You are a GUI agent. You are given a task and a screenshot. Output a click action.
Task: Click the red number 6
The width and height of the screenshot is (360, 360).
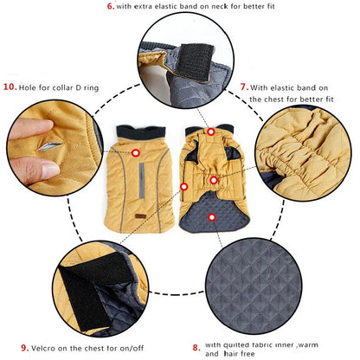pos(110,6)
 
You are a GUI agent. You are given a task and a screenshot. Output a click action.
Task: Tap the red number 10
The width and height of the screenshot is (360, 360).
pos(10,87)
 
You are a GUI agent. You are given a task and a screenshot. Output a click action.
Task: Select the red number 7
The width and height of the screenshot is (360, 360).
pos(244,87)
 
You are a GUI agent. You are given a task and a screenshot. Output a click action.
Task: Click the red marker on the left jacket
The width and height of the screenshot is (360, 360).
pos(136,153)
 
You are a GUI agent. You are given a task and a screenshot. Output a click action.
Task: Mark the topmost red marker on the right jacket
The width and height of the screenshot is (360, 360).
pos(210,132)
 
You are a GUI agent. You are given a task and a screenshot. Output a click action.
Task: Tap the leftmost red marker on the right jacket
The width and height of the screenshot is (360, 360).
pos(183,185)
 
